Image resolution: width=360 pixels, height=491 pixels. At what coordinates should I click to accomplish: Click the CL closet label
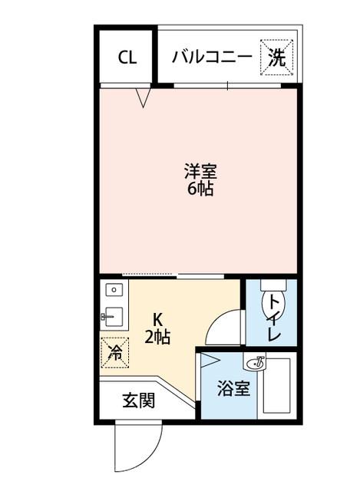coord(127,57)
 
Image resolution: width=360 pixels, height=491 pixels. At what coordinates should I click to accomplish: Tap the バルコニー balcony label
coord(212,56)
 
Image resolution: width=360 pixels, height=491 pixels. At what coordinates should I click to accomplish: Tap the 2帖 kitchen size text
coord(157,336)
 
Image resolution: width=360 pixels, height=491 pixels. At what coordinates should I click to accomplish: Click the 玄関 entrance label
coord(139,400)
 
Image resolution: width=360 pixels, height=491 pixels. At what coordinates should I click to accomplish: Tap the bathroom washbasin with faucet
coord(256,361)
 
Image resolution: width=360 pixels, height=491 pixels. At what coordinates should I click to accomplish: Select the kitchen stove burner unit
coord(114,291)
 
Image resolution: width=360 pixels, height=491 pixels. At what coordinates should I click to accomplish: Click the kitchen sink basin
coord(114,315)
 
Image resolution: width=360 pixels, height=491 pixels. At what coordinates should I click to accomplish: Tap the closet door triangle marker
coord(142,97)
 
